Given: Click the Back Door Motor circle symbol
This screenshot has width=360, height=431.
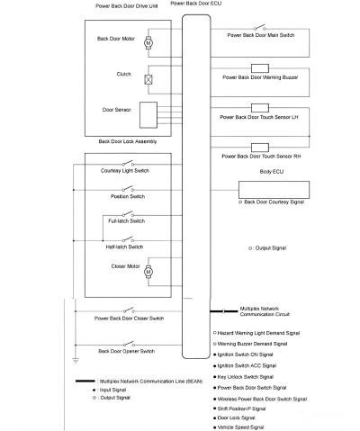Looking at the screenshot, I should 150,42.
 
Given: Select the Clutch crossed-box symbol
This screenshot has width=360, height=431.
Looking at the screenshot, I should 150,78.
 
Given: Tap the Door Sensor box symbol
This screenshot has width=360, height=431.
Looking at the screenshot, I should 149,114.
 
